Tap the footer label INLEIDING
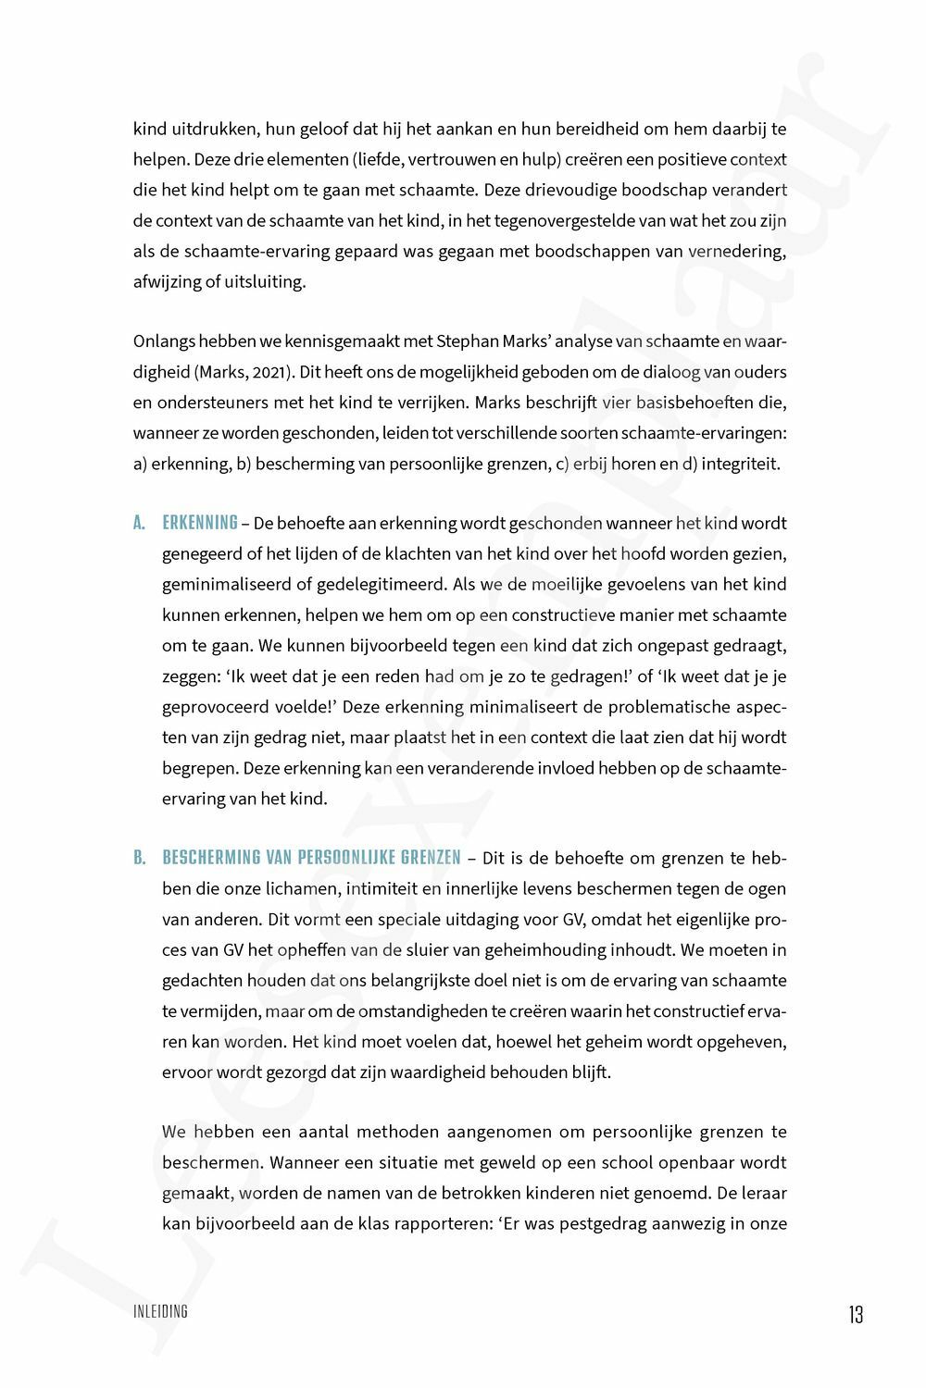161,1311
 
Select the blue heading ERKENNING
200,524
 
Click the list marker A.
139,524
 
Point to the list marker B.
139,859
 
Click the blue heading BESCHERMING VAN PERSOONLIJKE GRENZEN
311,859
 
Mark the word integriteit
741,464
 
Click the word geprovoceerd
213,707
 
